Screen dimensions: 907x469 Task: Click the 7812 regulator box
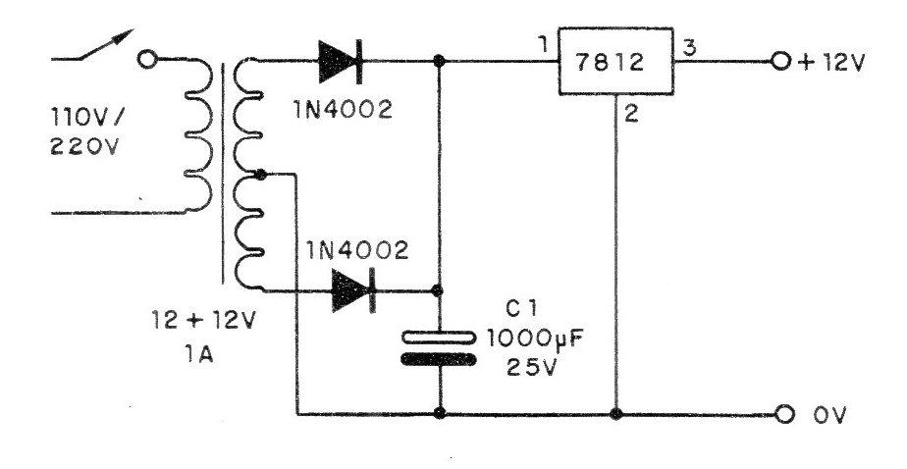tap(615, 61)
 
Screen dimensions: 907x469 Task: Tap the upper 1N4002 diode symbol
tap(341, 61)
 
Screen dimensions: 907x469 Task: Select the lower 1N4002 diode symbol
tap(353, 290)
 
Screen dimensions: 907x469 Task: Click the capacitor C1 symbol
tap(439, 348)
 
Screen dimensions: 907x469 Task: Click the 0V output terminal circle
tap(784, 414)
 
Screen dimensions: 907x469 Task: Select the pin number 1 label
tap(542, 44)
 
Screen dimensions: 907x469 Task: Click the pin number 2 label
tap(632, 114)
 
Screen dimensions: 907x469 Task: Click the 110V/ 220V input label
tap(86, 134)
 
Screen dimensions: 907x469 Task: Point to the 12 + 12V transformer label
tap(203, 321)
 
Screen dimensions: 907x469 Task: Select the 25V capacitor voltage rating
tap(531, 368)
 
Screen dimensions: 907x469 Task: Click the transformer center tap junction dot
tap(261, 174)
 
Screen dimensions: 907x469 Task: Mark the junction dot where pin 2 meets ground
tap(616, 414)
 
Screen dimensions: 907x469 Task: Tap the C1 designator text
tap(519, 309)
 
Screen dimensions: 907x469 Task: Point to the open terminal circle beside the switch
tap(148, 60)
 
